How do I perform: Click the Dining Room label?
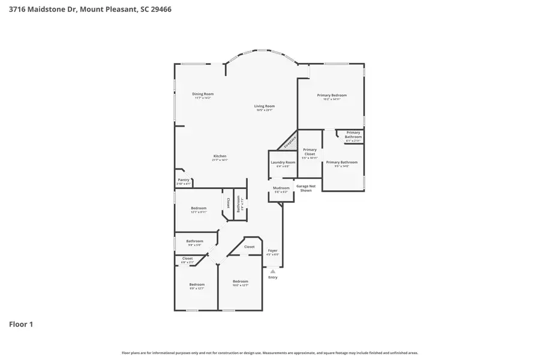[x=203, y=94]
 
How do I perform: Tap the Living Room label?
[x=265, y=106]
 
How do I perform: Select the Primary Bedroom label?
[x=332, y=95]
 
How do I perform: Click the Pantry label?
[x=184, y=180]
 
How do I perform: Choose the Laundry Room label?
[x=283, y=163]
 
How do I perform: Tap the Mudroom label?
[x=281, y=188]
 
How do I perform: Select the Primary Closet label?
[x=310, y=152]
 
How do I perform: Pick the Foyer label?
[x=273, y=251]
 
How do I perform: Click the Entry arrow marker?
[x=273, y=272]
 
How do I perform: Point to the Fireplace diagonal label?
[x=290, y=142]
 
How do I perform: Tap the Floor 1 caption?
[x=21, y=325]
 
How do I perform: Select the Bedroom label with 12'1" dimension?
[x=199, y=208]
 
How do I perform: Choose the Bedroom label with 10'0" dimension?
[x=241, y=282]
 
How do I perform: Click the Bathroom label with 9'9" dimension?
[x=194, y=242]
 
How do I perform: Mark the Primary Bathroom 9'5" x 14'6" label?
[x=341, y=163]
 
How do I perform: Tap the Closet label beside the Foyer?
[x=249, y=247]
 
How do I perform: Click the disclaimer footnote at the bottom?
[x=270, y=353]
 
